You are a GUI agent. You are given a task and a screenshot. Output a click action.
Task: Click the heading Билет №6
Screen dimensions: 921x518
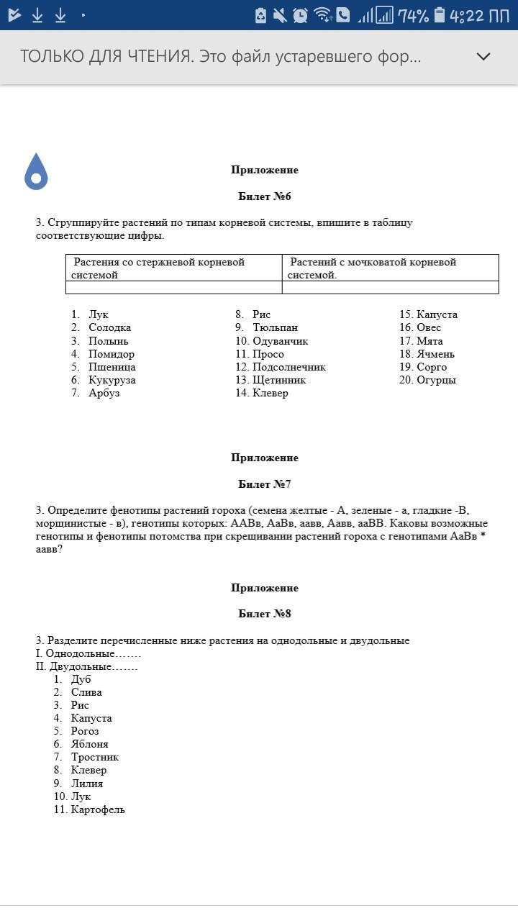tap(265, 196)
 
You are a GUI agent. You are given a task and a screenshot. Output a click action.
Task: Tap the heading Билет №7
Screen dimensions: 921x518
tap(265, 484)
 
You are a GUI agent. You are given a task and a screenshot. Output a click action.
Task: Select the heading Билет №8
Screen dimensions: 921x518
tap(265, 614)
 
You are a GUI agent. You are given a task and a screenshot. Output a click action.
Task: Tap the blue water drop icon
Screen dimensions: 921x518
tap(36, 172)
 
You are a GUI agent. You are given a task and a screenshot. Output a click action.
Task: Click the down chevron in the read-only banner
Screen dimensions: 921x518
tap(483, 57)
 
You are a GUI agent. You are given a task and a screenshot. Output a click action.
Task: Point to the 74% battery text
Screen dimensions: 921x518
tap(414, 15)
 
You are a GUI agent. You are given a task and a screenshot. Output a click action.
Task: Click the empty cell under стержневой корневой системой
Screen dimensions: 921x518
tap(173, 288)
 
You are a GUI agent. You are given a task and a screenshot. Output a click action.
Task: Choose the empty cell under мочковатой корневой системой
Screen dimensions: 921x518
tap(390, 288)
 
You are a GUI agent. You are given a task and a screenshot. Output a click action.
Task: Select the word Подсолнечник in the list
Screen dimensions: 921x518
tap(289, 367)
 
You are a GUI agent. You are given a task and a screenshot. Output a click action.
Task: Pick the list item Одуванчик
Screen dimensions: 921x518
tap(281, 341)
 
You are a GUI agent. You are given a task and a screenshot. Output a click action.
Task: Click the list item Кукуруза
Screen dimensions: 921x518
tap(112, 380)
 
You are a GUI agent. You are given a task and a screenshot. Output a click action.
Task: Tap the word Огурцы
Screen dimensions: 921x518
tap(437, 380)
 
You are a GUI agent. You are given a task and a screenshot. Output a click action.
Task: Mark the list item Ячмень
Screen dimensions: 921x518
tap(436, 354)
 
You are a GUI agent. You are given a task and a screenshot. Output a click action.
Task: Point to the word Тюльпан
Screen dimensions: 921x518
tap(275, 327)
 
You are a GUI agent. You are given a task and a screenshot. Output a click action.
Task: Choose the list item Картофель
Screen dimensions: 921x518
tap(98, 809)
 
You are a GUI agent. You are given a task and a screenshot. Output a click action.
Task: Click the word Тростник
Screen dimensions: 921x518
tap(95, 757)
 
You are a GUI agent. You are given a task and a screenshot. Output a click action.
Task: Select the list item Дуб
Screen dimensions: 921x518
tap(81, 679)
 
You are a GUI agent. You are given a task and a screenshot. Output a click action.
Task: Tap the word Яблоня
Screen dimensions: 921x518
tap(90, 744)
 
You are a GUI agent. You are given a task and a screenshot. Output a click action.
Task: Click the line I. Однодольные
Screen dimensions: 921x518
tap(88, 653)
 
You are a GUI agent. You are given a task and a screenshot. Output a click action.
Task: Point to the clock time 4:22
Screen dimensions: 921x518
tap(467, 15)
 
